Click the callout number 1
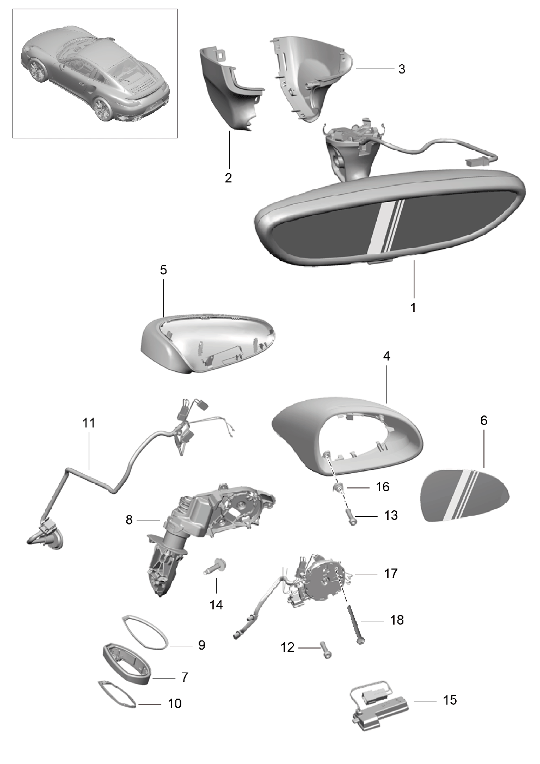[x=413, y=308]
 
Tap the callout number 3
[x=402, y=69]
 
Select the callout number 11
[x=89, y=423]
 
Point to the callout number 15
[x=450, y=700]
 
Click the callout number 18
[x=397, y=620]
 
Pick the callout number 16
[x=383, y=487]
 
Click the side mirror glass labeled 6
[x=464, y=494]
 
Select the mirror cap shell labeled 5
[x=207, y=343]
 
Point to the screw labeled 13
[x=351, y=518]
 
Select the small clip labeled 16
[x=337, y=486]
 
